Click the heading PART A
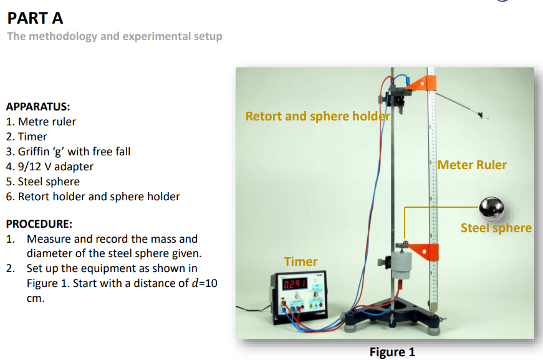(35, 17)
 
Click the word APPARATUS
(37, 107)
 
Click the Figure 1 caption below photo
(392, 352)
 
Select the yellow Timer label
(300, 261)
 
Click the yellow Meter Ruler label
(472, 165)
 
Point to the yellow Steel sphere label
(496, 228)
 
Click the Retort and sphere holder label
(317, 116)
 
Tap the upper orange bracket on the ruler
(426, 82)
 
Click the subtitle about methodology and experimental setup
(115, 36)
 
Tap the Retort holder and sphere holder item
(99, 197)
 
